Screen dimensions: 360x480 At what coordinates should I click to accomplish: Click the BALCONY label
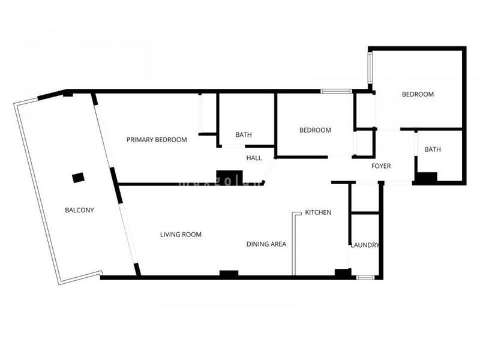79,210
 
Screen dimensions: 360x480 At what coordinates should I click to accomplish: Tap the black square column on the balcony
78,178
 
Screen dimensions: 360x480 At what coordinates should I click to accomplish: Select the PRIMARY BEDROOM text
157,140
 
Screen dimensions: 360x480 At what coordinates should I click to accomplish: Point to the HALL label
254,158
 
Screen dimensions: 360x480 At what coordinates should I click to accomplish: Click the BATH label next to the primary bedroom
243,134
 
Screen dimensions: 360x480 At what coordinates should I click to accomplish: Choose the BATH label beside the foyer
433,149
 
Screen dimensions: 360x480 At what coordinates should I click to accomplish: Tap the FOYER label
381,166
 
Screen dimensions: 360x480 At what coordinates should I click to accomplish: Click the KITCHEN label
318,212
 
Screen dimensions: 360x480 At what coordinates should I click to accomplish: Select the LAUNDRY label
365,245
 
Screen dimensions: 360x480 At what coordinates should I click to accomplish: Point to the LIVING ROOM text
181,235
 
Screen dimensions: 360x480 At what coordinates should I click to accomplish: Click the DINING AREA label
266,244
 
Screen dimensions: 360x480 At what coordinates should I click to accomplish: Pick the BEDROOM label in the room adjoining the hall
315,130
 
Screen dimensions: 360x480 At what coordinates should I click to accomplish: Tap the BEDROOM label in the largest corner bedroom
418,94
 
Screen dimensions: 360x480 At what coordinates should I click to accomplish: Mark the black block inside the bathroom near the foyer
426,178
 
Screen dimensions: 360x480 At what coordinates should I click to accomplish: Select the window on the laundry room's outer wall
365,277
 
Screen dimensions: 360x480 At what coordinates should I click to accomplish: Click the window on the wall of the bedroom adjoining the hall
336,91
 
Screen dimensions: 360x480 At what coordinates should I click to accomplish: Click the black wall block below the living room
229,274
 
